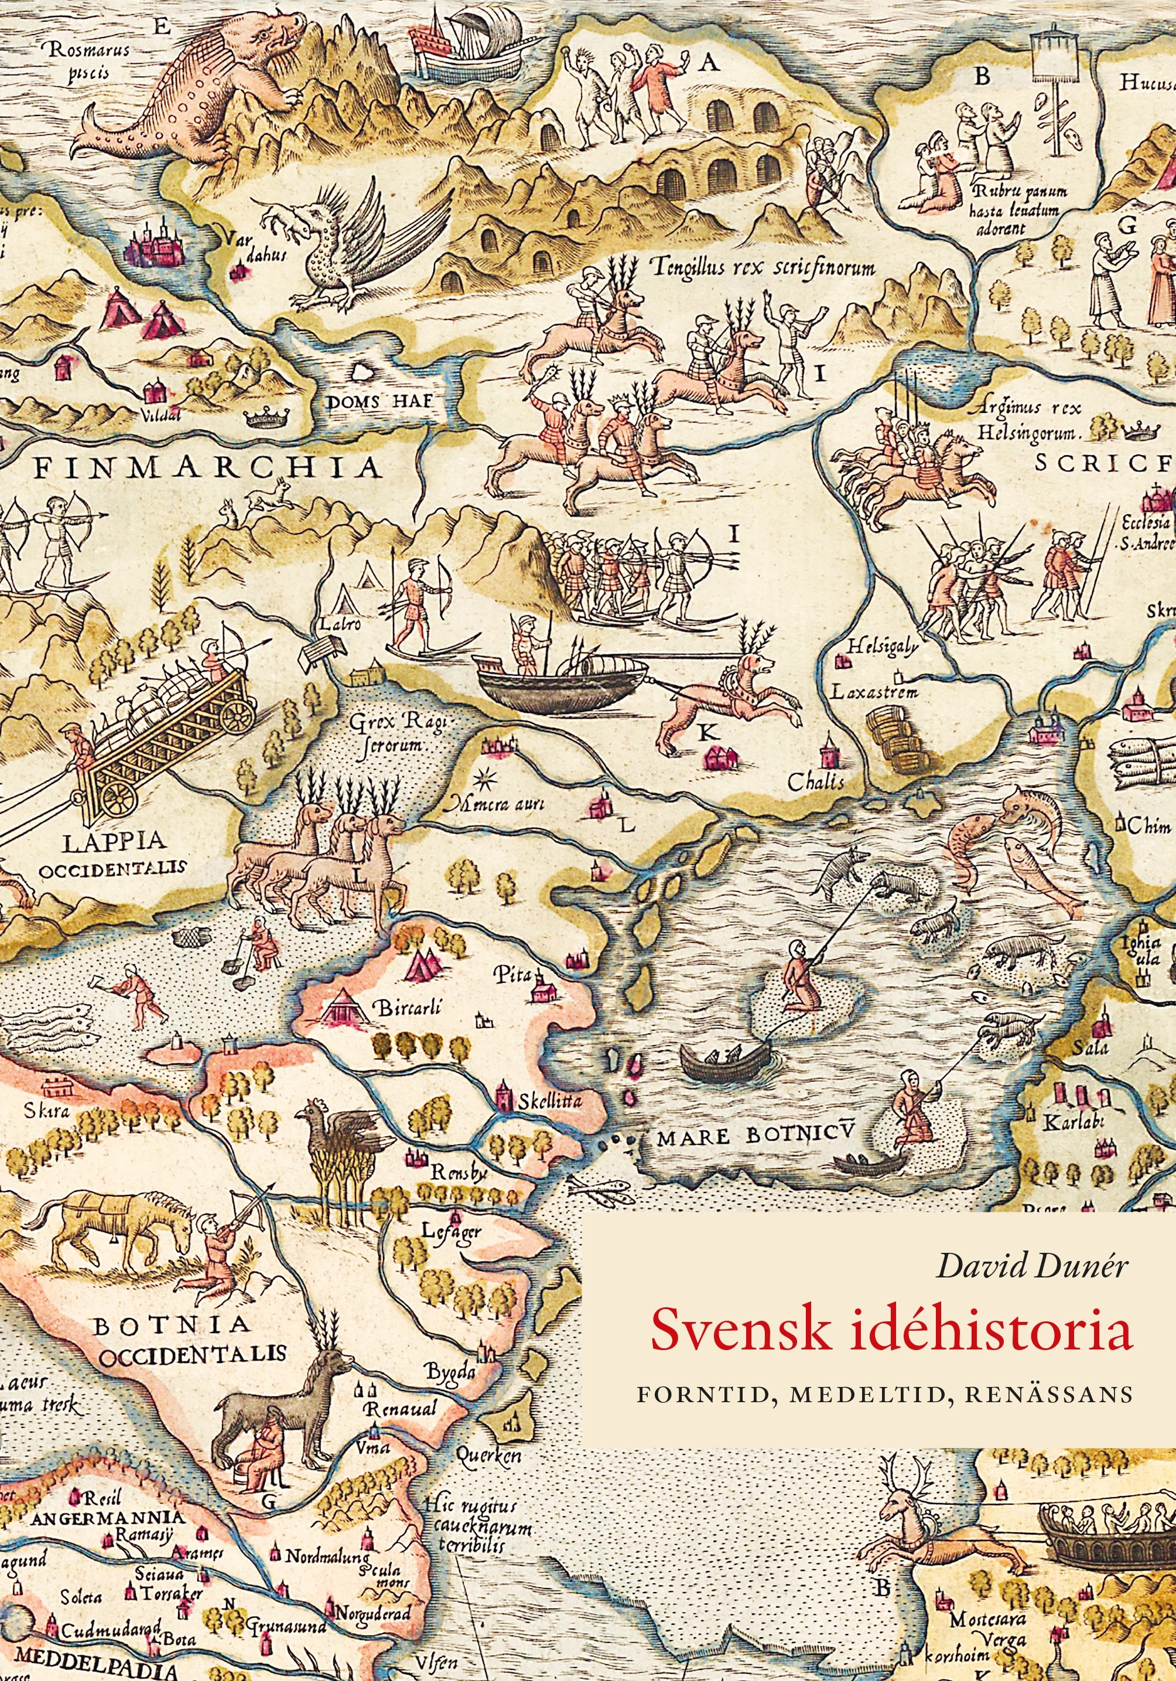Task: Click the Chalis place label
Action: (815, 781)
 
